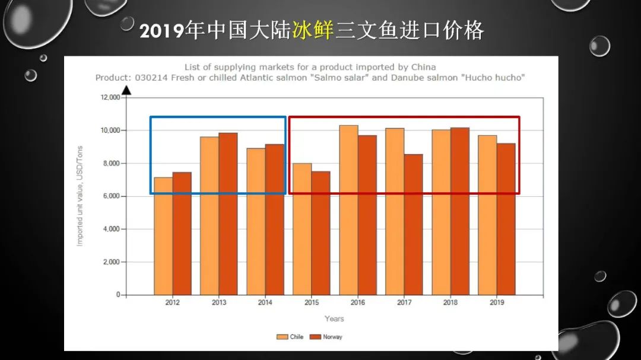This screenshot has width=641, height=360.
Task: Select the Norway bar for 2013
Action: (228, 214)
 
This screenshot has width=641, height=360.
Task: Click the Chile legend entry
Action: (290, 337)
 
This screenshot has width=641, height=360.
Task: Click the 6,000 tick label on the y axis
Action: (110, 196)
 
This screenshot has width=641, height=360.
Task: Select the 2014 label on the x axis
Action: (265, 303)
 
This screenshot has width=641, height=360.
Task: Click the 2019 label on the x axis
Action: (497, 303)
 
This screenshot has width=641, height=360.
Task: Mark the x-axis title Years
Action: (334, 319)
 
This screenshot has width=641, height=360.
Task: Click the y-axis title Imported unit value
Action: (80, 196)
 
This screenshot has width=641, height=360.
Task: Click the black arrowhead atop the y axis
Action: (126, 90)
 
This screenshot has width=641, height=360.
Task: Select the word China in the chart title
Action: (423, 67)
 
